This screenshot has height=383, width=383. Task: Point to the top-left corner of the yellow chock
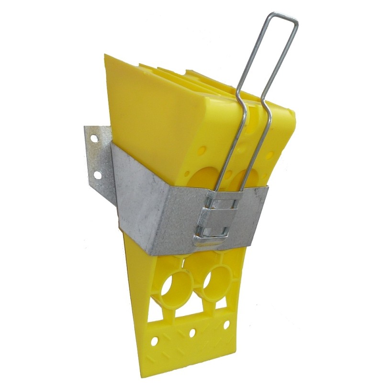(106, 57)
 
